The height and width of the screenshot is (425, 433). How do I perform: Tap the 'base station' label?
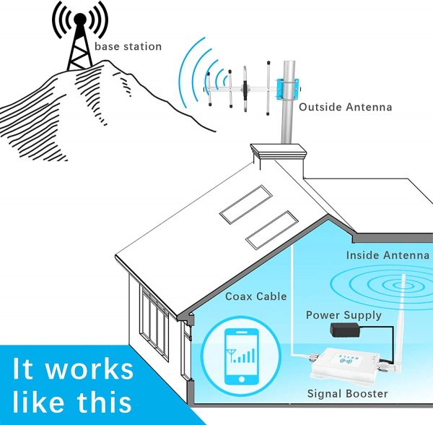tap(128, 46)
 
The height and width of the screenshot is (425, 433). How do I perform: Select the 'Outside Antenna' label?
tap(345, 107)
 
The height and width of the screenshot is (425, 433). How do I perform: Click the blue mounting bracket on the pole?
tap(288, 89)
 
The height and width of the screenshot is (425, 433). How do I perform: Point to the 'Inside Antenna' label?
tap(388, 255)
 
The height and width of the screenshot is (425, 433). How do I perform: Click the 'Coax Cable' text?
tap(256, 296)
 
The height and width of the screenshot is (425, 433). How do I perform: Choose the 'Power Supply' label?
tap(344, 315)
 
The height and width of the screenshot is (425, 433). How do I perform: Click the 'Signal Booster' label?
tap(347, 393)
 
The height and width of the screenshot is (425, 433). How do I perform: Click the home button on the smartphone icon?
tap(242, 379)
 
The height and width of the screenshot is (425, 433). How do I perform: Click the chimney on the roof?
tap(279, 160)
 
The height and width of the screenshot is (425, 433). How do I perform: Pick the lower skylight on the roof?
tap(272, 230)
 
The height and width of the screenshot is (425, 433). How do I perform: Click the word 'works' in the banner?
tap(89, 369)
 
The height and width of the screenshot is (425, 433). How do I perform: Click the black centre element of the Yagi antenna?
tap(245, 90)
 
